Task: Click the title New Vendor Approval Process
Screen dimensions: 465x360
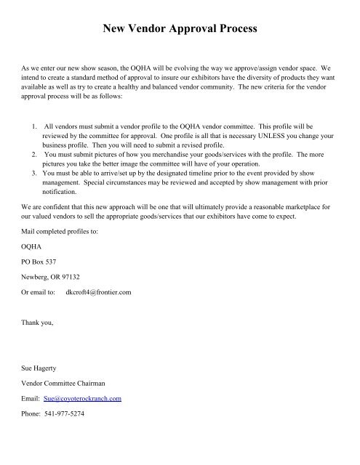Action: (x=180, y=30)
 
